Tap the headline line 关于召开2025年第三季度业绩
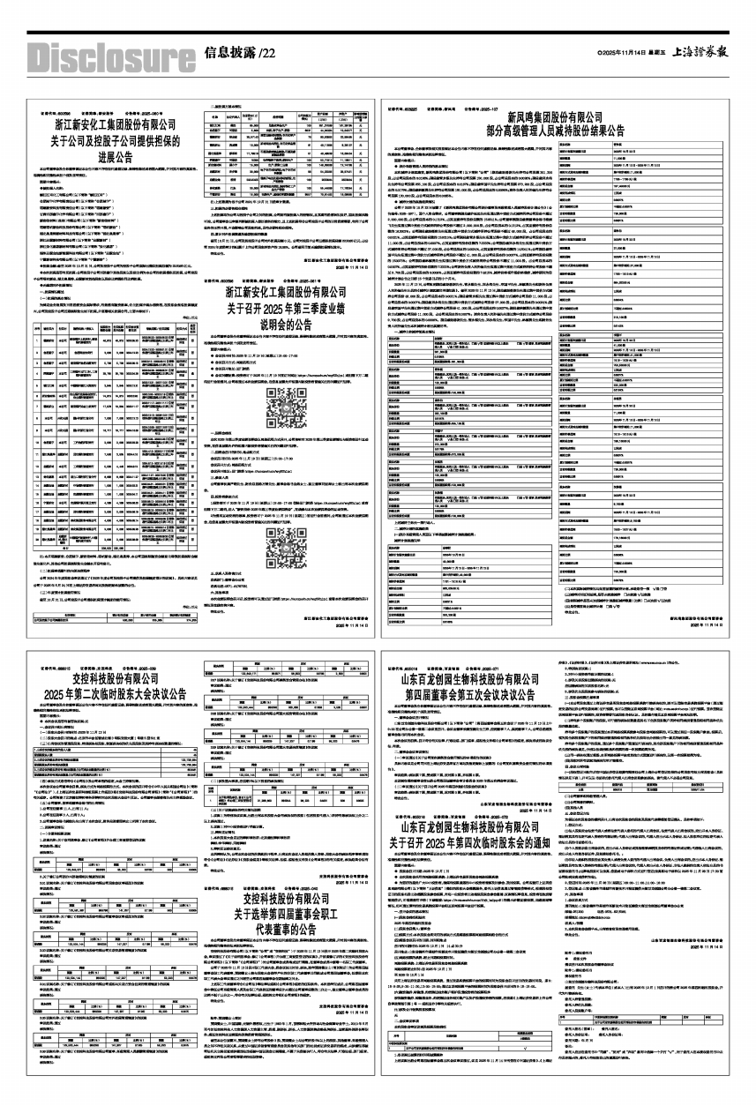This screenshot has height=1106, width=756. pyautogui.click(x=295, y=308)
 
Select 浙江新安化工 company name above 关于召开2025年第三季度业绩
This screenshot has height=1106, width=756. pyautogui.click(x=295, y=291)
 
